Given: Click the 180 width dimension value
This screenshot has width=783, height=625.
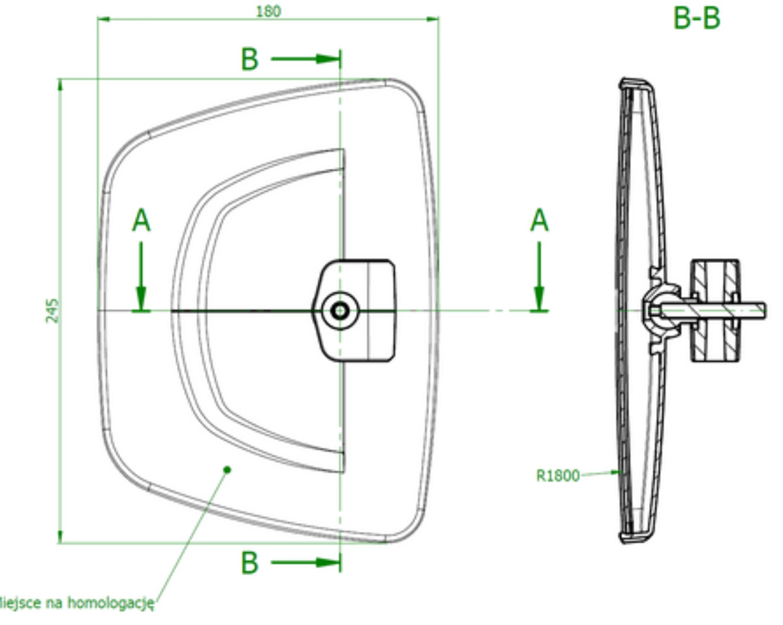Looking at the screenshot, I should tap(268, 11).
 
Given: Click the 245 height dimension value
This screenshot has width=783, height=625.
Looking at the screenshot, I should tap(53, 310).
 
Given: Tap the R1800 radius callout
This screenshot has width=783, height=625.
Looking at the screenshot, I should tap(558, 475).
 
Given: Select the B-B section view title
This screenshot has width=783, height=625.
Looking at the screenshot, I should tap(696, 18).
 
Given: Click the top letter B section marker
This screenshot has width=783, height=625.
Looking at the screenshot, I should tap(250, 59).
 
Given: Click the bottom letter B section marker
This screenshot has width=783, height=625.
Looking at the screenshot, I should tap(250, 563).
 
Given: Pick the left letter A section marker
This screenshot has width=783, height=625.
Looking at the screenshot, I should tap(141, 221).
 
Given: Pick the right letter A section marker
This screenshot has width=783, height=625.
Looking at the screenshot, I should tap(539, 221).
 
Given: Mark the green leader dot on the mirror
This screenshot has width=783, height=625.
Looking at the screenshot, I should tap(227, 469).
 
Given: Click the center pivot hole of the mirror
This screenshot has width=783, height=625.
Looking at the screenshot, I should tap(340, 310).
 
